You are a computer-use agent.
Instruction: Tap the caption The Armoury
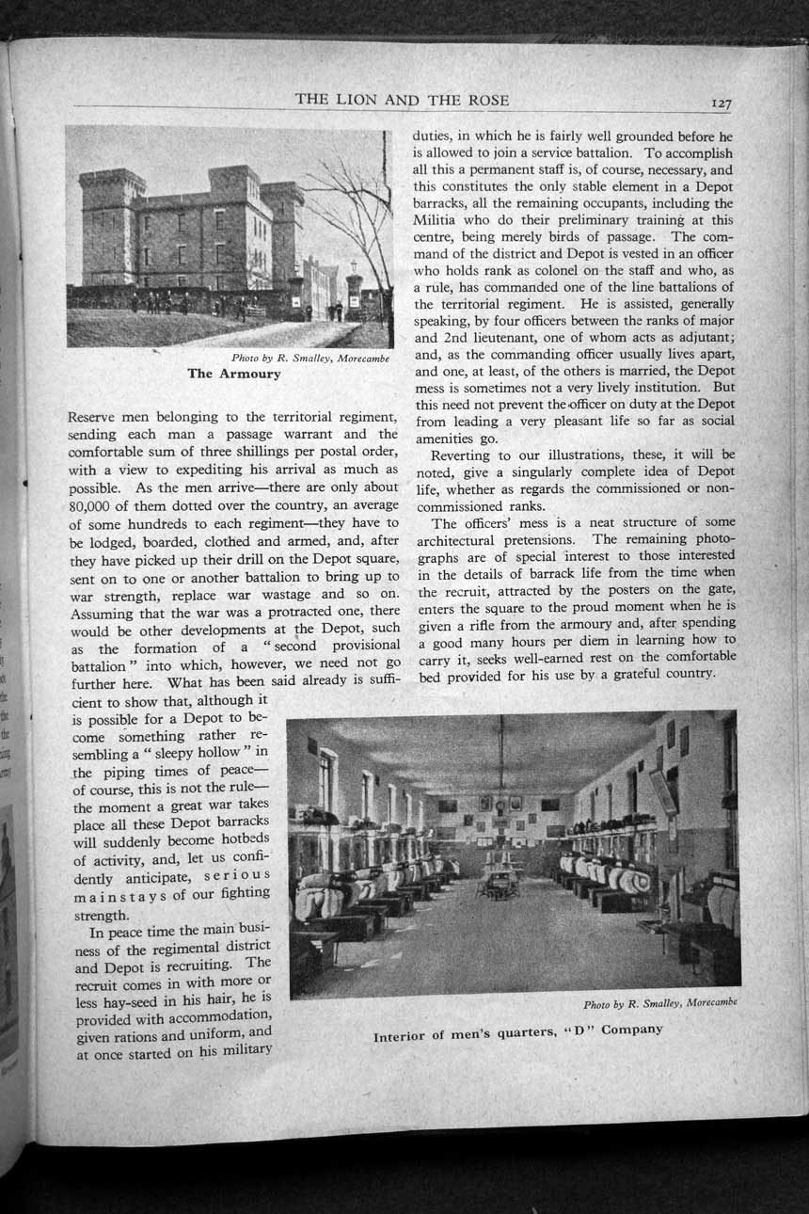tap(233, 374)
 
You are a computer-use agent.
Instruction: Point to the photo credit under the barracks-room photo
tap(659, 1003)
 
